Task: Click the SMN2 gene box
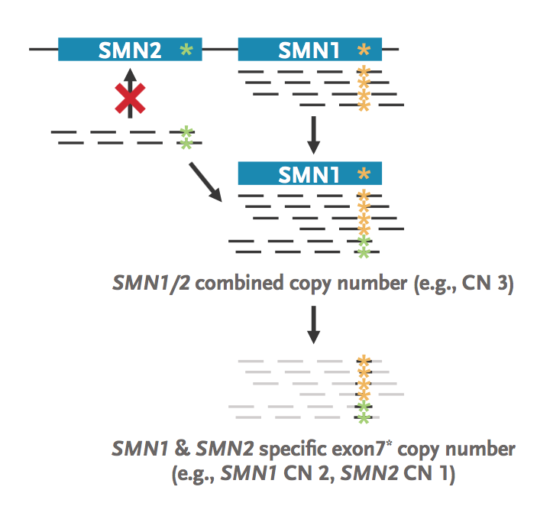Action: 130,50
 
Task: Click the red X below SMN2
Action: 130,98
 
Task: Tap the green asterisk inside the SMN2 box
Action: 185,50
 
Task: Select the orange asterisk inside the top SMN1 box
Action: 364,50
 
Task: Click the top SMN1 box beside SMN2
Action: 309,50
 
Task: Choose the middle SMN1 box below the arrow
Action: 309,174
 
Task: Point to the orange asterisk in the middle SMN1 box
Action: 364,174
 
